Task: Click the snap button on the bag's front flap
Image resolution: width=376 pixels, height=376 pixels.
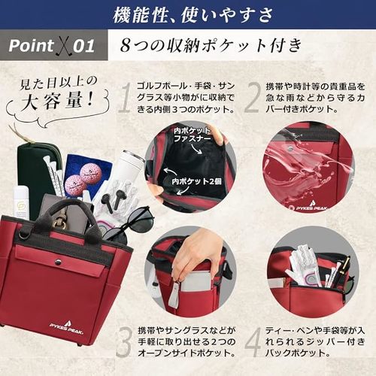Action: pos(59,261)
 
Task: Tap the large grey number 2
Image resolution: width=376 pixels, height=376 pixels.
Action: pos(251,98)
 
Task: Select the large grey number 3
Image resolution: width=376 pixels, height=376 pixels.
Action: pos(124,341)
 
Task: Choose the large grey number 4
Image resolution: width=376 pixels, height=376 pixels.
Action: pos(253,341)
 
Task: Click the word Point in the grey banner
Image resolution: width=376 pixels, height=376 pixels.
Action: pos(31,46)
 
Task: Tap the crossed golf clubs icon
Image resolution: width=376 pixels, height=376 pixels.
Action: pos(62,47)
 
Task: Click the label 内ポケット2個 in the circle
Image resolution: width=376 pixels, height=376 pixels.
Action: pos(196,181)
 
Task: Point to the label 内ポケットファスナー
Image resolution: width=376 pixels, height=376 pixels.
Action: pos(192,135)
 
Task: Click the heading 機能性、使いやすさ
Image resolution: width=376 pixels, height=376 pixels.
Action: pos(193,15)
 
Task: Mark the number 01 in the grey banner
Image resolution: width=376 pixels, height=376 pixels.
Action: pos(84,46)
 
